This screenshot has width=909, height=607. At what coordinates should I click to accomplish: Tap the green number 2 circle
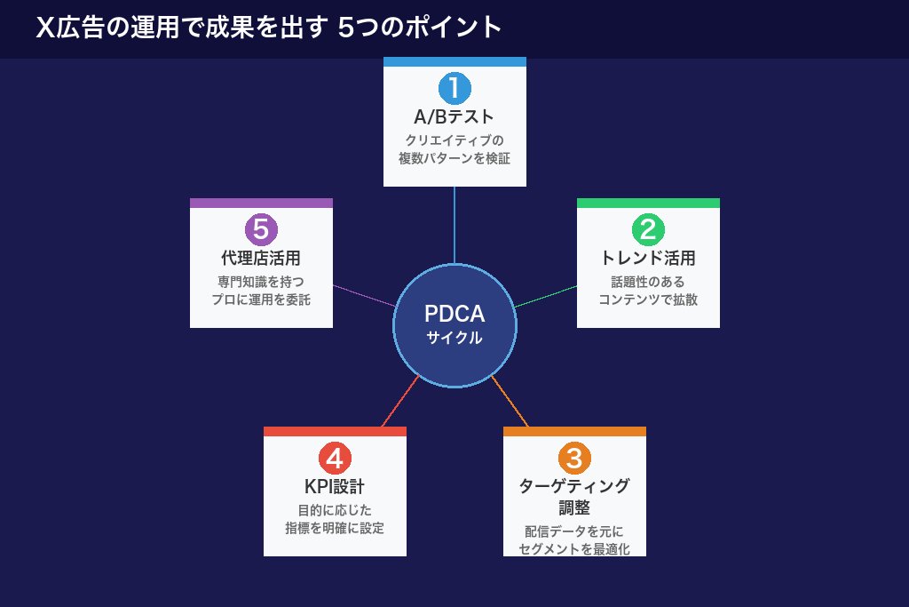click(648, 229)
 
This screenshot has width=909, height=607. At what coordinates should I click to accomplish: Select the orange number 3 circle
click(574, 459)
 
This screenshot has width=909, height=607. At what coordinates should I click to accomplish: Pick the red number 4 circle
click(335, 459)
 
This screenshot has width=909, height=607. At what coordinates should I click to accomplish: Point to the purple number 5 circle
click(261, 229)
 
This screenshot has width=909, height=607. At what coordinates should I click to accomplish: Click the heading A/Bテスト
click(454, 117)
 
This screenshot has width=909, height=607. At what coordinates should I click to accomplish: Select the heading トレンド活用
click(648, 259)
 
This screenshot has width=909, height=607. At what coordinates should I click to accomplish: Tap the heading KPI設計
click(335, 487)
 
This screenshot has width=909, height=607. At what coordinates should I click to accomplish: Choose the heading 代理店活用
click(261, 259)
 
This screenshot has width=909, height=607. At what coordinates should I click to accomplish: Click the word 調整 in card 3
click(574, 508)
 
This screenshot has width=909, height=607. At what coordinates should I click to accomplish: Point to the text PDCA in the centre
click(454, 315)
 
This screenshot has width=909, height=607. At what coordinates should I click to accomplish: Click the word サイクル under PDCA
click(454, 339)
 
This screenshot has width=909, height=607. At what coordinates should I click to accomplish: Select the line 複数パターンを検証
click(454, 159)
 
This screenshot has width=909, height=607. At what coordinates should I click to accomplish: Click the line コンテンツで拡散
click(648, 300)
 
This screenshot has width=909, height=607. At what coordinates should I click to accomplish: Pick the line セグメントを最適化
click(574, 549)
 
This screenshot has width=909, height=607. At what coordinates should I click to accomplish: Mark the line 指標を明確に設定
click(335, 529)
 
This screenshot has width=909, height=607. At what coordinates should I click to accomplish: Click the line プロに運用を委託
click(261, 300)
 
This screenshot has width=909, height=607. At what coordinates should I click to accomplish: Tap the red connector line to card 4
click(399, 402)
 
